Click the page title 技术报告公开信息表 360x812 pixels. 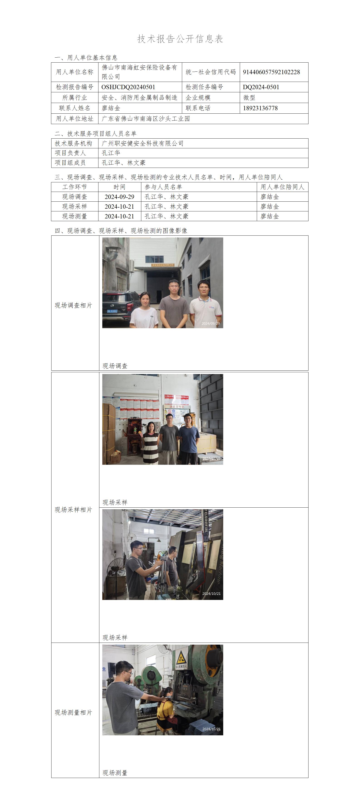(180, 39)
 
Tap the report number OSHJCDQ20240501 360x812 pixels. (128, 87)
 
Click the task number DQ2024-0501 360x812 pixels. (261, 87)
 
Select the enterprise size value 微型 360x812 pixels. (249, 98)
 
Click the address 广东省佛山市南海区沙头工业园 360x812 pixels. (146, 119)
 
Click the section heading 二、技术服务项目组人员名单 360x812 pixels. (96, 134)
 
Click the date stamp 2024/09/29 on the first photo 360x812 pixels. (211, 323)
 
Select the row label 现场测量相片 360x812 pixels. (73, 713)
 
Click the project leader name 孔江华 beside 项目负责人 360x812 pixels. (111, 153)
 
